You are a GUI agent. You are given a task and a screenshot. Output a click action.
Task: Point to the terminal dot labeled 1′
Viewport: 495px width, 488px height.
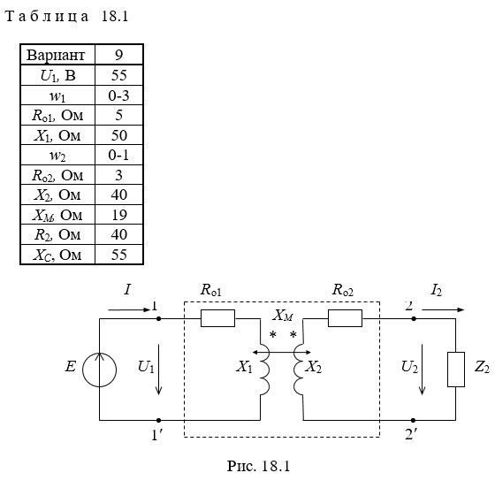pos(159,421)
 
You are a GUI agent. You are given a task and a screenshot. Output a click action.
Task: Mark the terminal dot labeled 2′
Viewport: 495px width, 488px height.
pos(413,421)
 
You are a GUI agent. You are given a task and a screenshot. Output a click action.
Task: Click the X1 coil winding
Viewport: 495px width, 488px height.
pos(264,370)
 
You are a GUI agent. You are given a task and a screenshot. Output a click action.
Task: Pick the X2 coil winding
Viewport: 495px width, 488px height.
pos(299,370)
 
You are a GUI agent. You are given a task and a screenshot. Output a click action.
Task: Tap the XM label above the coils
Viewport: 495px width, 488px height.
pos(283,316)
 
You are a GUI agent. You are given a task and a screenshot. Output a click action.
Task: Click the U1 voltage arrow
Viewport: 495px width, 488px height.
pos(159,370)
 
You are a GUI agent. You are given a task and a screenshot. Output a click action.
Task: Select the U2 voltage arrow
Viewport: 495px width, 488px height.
pos(422,370)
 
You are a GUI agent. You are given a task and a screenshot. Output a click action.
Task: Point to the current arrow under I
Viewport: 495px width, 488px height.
pos(129,310)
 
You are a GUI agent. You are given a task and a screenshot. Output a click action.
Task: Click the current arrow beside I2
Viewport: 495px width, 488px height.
pos(443,310)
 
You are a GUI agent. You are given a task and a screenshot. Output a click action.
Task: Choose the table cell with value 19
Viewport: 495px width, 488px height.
pos(119,215)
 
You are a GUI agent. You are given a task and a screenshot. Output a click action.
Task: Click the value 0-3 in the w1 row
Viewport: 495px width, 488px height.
pos(119,95)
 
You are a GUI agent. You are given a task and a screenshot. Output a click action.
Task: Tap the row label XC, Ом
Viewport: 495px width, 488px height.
pos(57,255)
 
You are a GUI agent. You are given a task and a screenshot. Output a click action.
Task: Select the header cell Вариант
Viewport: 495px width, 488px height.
pos(56,55)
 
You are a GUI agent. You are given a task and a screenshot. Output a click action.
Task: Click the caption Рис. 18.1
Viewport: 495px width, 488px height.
pos(258,466)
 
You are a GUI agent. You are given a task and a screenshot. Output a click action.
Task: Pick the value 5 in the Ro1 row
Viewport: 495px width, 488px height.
pos(119,115)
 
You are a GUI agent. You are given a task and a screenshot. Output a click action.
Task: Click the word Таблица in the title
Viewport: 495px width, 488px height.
pos(47,17)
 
